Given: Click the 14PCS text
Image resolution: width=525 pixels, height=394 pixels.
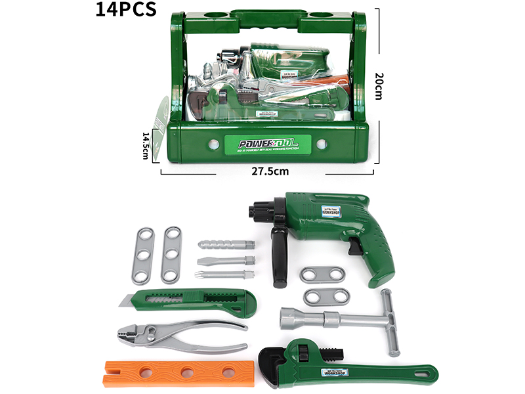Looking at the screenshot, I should [x=125, y=9].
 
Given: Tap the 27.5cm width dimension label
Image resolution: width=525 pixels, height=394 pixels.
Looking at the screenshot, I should [x=270, y=171].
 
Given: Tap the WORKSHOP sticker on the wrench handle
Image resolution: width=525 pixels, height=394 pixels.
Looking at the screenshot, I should [x=338, y=373].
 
